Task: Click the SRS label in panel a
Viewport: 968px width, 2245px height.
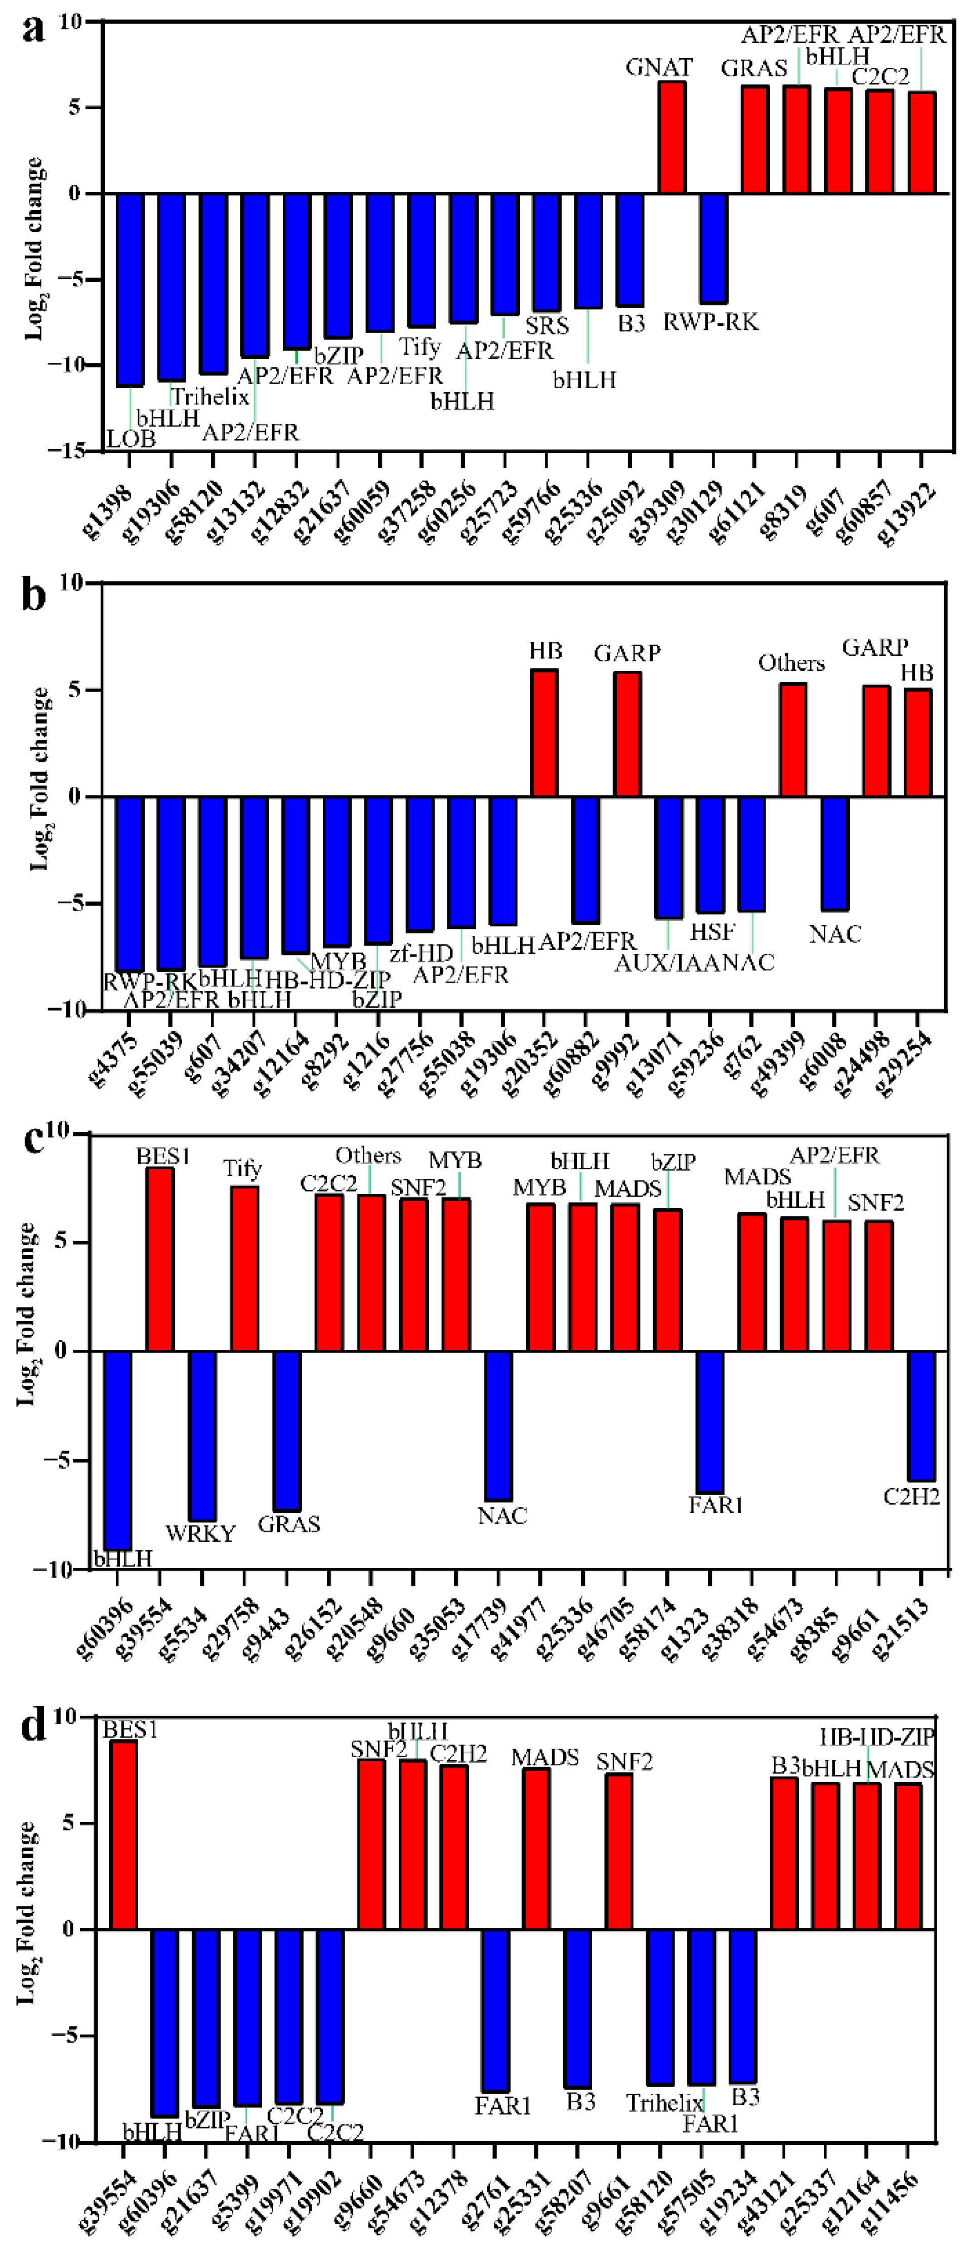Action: pyautogui.click(x=547, y=326)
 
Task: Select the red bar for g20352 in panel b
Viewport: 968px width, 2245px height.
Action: pyautogui.click(x=544, y=733)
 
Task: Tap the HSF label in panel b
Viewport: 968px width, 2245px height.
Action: pyautogui.click(x=712, y=931)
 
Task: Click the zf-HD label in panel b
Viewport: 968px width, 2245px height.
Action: pyautogui.click(x=421, y=953)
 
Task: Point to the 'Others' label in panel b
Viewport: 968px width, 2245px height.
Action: pyautogui.click(x=790, y=663)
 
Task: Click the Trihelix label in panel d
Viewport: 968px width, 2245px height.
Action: pyautogui.click(x=665, y=2103)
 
